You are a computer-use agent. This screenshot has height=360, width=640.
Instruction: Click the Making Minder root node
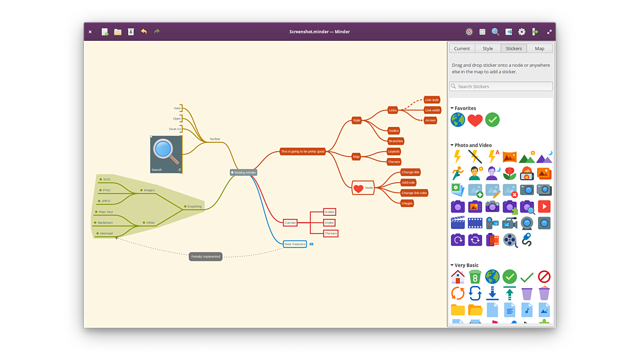(244, 172)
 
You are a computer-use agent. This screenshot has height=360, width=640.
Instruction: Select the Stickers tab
(514, 49)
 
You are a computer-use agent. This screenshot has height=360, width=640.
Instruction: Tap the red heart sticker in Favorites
(475, 120)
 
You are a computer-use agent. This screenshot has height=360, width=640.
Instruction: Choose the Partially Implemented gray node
(206, 257)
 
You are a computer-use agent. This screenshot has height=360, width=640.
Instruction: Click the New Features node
(295, 244)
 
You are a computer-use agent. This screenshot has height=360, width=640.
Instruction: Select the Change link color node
(414, 193)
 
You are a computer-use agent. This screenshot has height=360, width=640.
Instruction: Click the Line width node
(432, 110)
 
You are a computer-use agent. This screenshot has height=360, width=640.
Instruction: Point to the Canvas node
(290, 223)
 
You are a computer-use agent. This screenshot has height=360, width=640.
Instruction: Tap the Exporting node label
(194, 206)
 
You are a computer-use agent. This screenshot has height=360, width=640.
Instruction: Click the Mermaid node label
(106, 233)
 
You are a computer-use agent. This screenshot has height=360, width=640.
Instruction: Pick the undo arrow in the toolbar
(144, 31)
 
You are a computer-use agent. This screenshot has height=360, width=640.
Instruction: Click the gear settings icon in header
(522, 32)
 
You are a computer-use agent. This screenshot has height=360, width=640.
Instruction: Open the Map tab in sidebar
(540, 49)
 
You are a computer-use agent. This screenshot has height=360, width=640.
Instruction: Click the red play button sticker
(544, 207)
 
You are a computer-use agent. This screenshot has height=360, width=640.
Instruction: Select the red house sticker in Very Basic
(458, 277)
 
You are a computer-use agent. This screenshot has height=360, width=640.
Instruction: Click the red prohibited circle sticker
(544, 277)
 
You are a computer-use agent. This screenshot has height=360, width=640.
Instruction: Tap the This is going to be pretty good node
(303, 151)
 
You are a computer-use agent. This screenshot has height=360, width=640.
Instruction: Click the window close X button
(90, 32)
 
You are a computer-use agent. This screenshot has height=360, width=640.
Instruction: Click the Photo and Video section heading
(473, 145)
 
